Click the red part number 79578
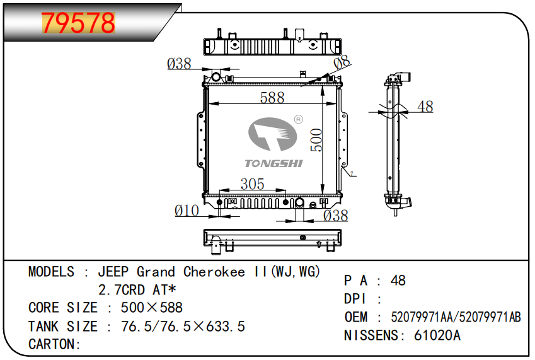79,23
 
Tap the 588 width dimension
272,98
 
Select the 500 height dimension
316,140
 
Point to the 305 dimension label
252,184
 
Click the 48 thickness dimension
425,107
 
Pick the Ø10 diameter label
187,211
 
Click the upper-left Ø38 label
179,64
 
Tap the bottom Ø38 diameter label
335,216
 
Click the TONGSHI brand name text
273,164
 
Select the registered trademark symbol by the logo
299,119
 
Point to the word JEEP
113,272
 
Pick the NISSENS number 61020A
437,335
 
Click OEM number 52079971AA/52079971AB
456,317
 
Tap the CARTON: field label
55,344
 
